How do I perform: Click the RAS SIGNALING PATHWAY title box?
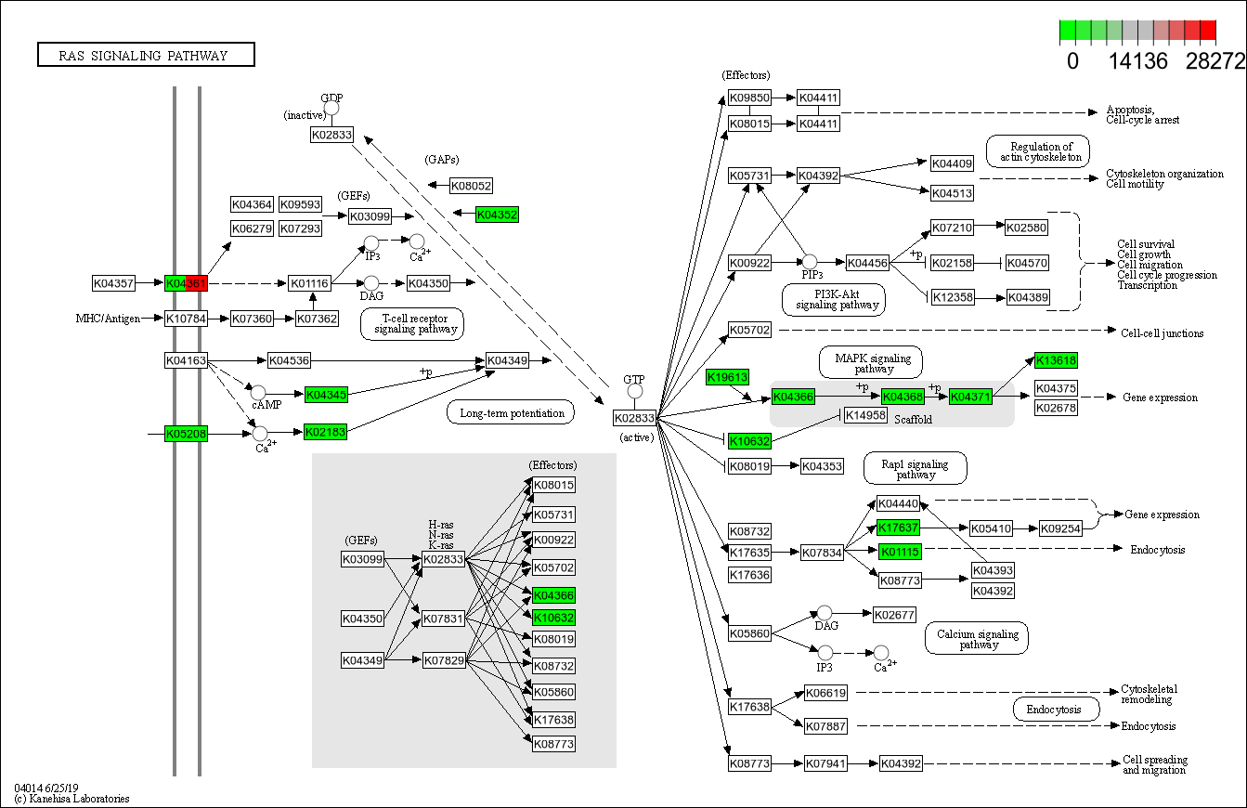[x=146, y=55]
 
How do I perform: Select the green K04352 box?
[x=497, y=215]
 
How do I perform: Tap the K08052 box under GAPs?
[x=472, y=186]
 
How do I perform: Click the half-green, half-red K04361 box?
[x=186, y=282]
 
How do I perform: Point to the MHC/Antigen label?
[x=108, y=319]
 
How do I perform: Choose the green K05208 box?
[x=186, y=433]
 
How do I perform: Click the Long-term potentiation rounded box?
[x=512, y=412]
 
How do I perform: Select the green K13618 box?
[x=1056, y=360]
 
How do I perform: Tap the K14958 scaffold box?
[x=865, y=414]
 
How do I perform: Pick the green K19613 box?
[x=726, y=376]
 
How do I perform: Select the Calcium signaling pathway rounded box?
[x=977, y=639]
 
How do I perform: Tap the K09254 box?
[x=1060, y=528]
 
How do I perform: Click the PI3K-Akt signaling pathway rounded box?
[x=834, y=299]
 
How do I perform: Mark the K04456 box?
[x=867, y=263]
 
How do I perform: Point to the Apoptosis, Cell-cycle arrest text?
[x=1143, y=114]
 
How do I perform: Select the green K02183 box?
[x=325, y=432]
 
